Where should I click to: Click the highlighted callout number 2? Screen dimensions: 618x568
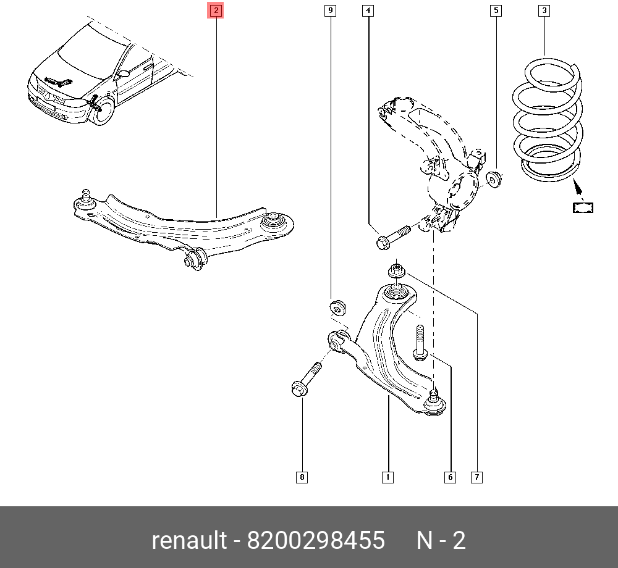point(216,10)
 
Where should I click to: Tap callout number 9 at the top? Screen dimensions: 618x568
point(330,10)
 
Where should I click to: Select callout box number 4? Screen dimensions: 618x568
point(368,10)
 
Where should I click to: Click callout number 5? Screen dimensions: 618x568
point(496,10)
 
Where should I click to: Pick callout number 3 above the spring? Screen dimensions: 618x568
point(544,10)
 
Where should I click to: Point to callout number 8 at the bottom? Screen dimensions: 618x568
point(302,477)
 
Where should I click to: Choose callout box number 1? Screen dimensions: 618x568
point(388,477)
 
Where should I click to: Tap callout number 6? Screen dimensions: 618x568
point(450,477)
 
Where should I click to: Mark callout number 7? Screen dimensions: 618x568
point(476,477)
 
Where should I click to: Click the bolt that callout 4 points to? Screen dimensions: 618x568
point(393,236)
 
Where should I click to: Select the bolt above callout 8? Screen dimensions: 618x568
point(307,378)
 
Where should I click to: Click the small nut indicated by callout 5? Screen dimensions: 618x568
point(494,179)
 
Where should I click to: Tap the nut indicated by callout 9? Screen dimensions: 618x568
point(337,307)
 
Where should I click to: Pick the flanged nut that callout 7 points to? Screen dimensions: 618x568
point(397,271)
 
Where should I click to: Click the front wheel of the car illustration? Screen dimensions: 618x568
point(103,111)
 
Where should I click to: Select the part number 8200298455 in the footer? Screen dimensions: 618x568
point(316,540)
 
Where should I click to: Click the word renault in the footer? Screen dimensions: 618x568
point(189,540)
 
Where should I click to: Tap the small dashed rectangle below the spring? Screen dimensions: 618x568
point(583,207)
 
